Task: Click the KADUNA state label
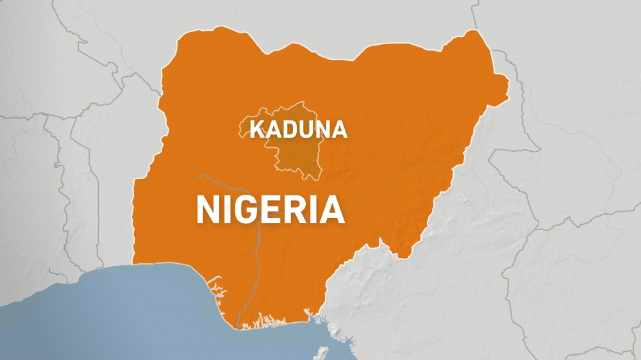[298, 129]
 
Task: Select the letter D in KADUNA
[290, 129]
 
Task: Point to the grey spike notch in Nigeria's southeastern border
[381, 242]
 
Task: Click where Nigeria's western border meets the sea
[133, 264]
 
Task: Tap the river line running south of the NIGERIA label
[256, 269]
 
